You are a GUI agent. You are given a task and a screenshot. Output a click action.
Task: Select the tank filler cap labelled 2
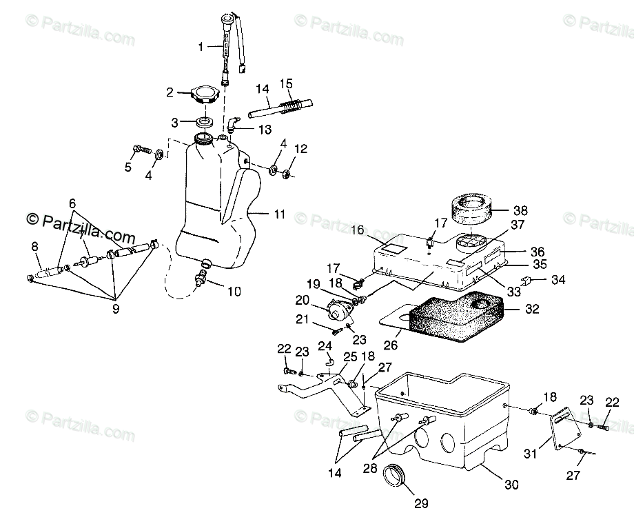pos(206,94)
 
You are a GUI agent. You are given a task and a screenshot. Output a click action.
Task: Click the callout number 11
pos(279,214)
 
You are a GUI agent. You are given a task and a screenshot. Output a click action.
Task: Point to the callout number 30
pos(511,484)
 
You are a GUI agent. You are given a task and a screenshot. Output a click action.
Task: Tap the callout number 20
pos(303,299)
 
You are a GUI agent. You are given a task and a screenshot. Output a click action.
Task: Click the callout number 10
pos(234,291)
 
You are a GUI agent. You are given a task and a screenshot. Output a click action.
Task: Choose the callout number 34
pos(558,279)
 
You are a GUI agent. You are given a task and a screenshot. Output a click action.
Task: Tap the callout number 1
pos(201,47)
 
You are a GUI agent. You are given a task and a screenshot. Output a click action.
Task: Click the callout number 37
pos(518,224)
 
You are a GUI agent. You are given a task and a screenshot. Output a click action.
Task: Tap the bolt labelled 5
pos(141,149)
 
